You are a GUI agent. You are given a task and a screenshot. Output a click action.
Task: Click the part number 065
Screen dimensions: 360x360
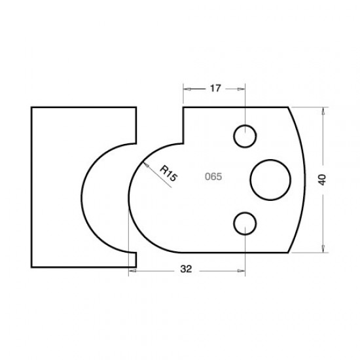coord(212,177)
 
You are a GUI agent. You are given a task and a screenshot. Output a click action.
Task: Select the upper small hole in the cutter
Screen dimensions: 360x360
coord(245,136)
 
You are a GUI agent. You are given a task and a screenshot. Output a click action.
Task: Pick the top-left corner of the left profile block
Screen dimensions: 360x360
coord(31,107)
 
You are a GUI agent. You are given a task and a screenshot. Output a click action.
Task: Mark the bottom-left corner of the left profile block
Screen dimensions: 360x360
coord(31,267)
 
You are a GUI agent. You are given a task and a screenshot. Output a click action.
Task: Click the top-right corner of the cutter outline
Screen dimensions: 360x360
coord(289,107)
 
